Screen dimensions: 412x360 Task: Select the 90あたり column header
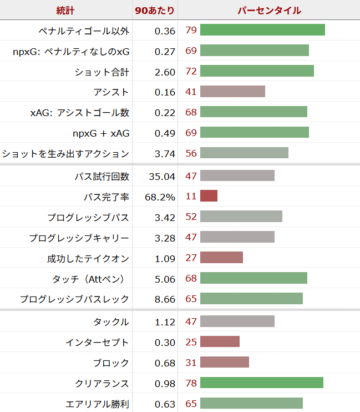tap(155, 10)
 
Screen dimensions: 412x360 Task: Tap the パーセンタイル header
tap(269, 10)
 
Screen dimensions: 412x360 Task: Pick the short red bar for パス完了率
tap(209, 196)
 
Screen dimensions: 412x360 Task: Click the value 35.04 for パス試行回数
tap(162, 176)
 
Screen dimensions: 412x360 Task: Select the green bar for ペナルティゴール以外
tap(262, 30)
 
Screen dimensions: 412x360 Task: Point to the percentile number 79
tap(191, 30)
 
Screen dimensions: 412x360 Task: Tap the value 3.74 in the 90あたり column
tap(165, 154)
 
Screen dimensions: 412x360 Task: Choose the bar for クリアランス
tap(261, 383)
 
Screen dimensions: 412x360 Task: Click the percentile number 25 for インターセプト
tap(191, 342)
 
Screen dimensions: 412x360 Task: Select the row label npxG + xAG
tap(101, 133)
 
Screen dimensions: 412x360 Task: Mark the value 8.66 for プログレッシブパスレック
tap(165, 299)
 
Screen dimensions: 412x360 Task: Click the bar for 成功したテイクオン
tap(221, 258)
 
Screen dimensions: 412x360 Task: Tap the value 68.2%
tap(160, 197)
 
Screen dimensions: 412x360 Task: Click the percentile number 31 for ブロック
tap(191, 363)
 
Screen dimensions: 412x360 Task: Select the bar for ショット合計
tap(257, 71)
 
